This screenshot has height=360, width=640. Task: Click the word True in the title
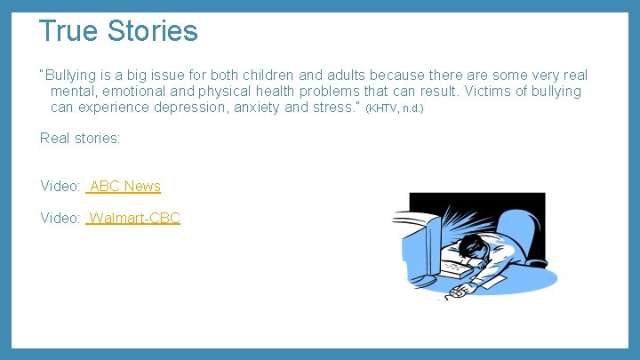point(69,31)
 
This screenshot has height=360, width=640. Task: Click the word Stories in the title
point(152,31)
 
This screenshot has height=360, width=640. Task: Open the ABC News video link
point(124,186)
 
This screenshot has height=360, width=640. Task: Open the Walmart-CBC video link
point(134,218)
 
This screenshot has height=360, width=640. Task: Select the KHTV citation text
point(395,108)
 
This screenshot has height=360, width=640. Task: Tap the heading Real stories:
point(80,138)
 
